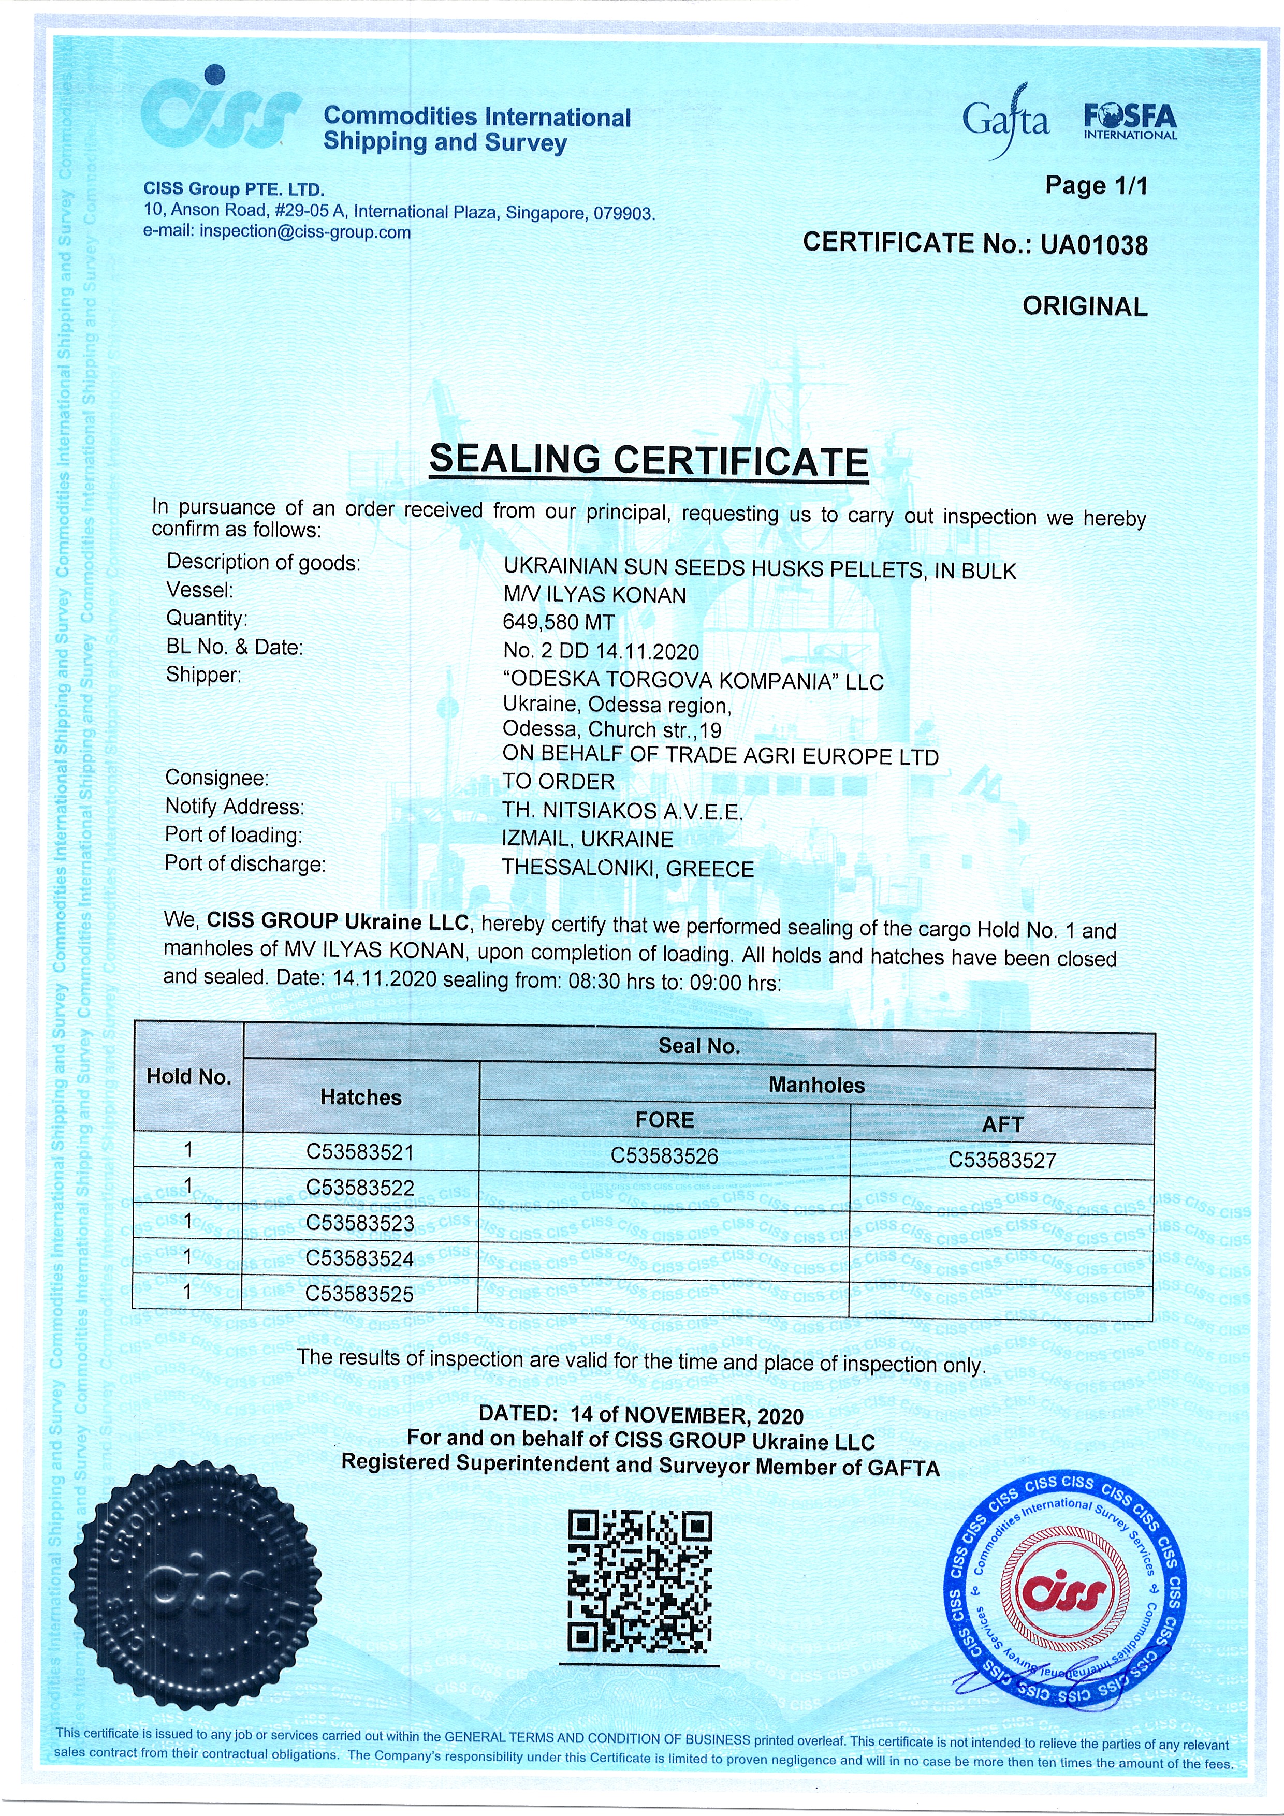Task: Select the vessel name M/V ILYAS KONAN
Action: pos(594,595)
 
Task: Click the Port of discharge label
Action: pos(245,863)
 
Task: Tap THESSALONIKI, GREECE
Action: pos(628,869)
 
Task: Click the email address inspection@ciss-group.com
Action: pos(304,232)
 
